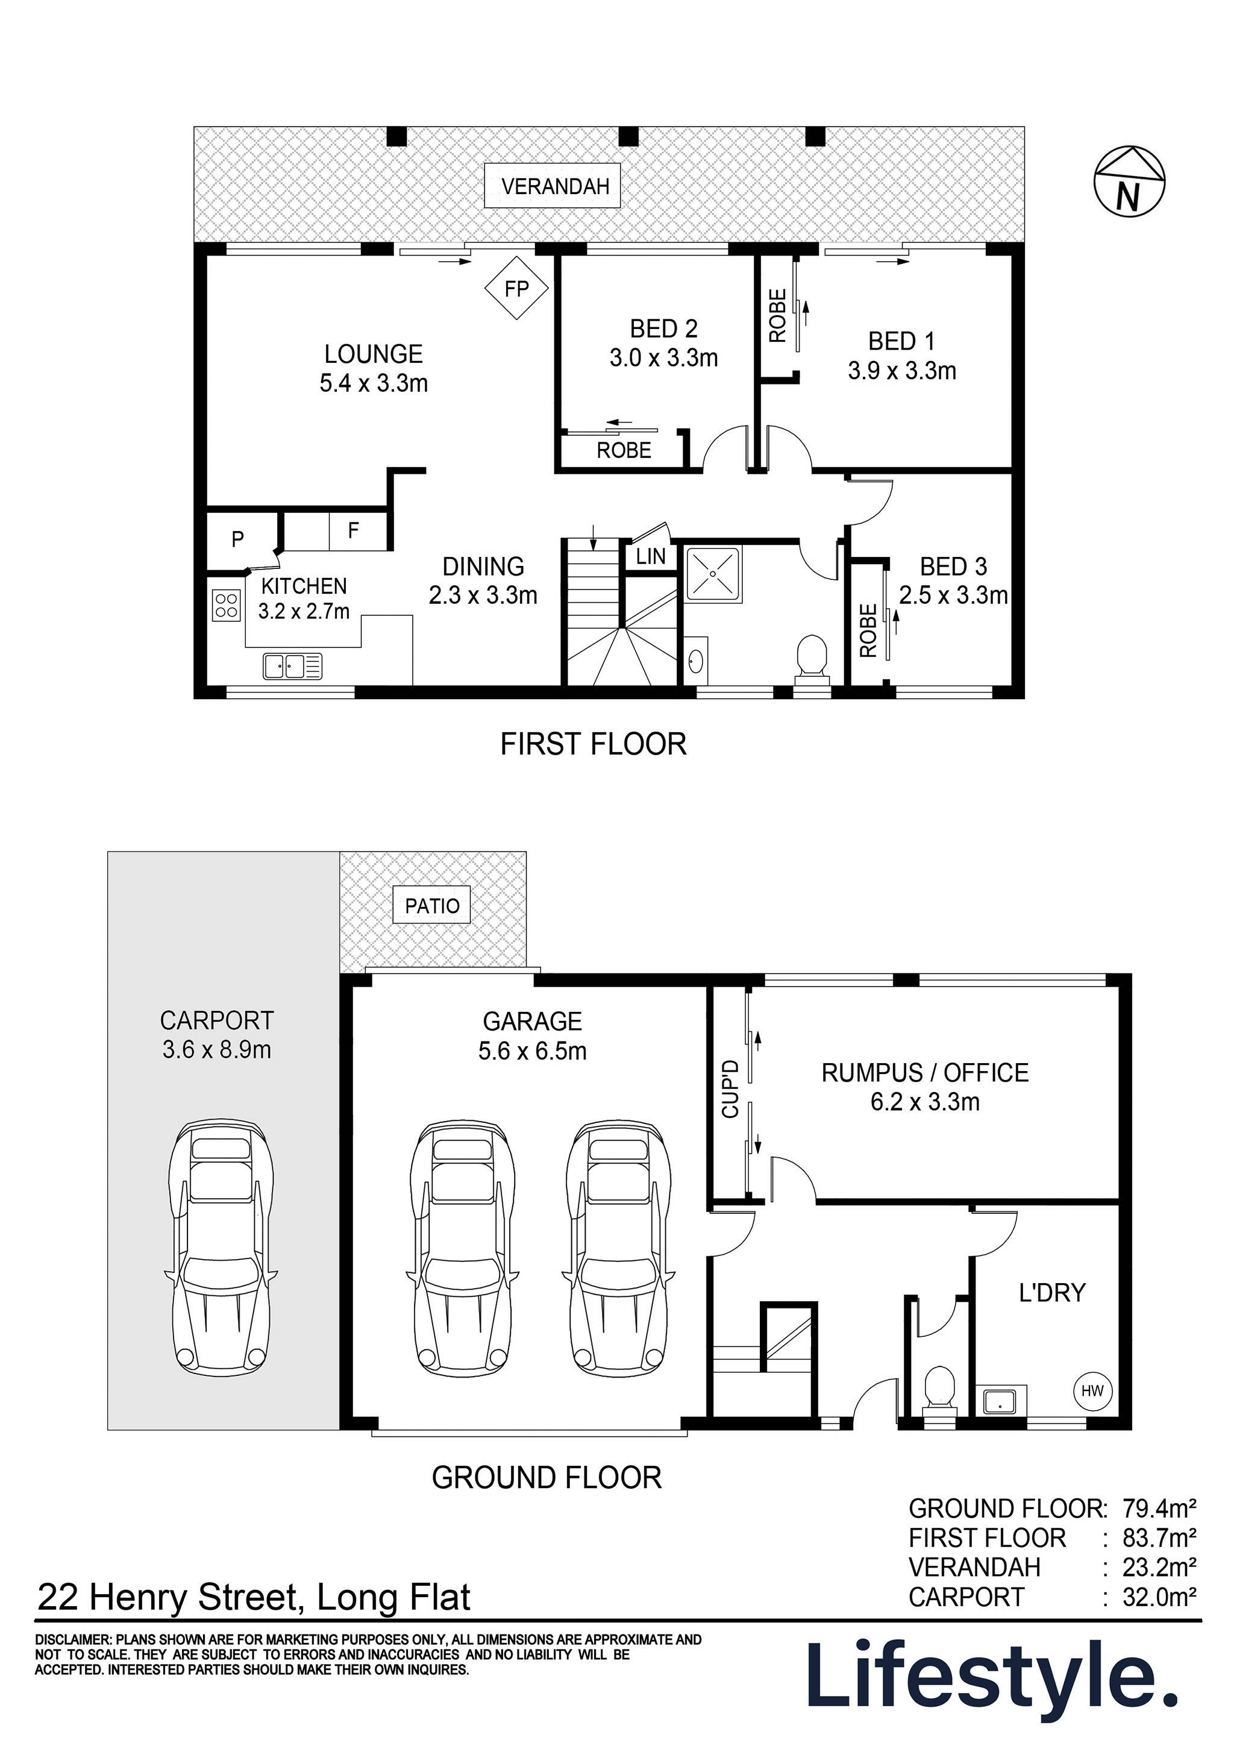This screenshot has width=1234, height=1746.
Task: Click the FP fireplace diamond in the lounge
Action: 517,288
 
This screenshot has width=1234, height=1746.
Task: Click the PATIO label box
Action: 432,906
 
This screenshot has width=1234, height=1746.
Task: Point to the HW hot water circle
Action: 1092,1391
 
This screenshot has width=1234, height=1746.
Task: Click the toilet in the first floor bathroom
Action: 811,656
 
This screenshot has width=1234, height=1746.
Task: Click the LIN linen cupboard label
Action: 651,556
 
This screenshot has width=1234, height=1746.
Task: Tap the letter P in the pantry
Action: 238,540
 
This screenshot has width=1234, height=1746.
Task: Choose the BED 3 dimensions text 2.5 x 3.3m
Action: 953,595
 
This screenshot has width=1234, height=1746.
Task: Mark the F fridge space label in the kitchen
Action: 354,531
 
